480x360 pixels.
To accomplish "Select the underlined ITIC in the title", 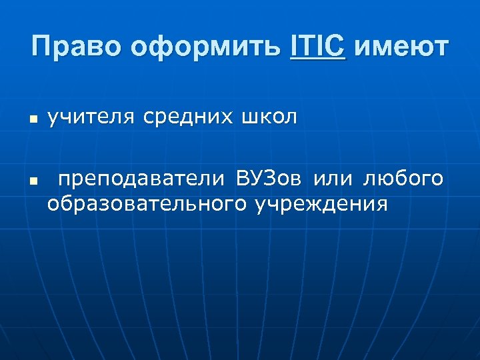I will pyautogui.click(x=318, y=47).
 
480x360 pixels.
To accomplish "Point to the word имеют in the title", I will pyautogui.click(x=402, y=47).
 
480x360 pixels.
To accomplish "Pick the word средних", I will pyautogui.click(x=185, y=118).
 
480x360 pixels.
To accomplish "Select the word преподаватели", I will pyautogui.click(x=142, y=179).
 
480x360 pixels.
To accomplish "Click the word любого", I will pyautogui.click(x=403, y=179).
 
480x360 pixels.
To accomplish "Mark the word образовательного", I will pyautogui.click(x=147, y=203).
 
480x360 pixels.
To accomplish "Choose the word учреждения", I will pyautogui.click(x=321, y=203).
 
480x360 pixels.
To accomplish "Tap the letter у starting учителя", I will pyautogui.click(x=51, y=119).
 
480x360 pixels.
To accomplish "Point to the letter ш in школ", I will pyautogui.click(x=247, y=119).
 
